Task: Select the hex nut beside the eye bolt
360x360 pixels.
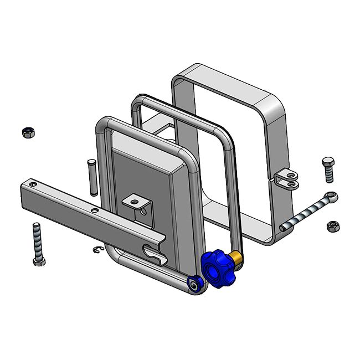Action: pyautogui.click(x=333, y=226)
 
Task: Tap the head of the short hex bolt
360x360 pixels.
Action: pyautogui.click(x=327, y=162)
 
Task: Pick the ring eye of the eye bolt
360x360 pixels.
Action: pyautogui.click(x=330, y=196)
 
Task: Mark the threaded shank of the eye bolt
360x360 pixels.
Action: pyautogui.click(x=308, y=213)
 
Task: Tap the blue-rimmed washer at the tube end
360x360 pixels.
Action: pyautogui.click(x=194, y=284)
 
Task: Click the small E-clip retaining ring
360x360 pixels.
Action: pyautogui.click(x=98, y=250)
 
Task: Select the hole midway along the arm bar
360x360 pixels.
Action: pyautogui.click(x=95, y=210)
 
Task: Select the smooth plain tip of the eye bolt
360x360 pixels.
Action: pyautogui.click(x=284, y=227)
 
